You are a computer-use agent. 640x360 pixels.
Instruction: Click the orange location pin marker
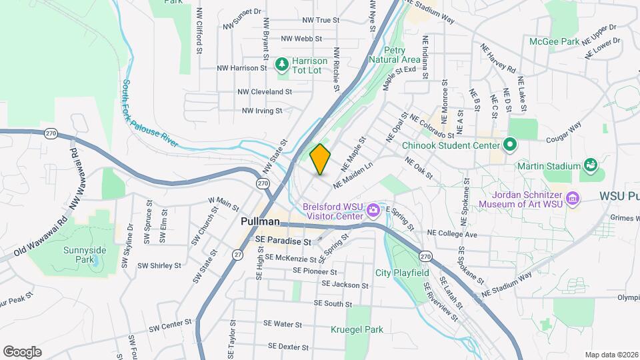(321, 159)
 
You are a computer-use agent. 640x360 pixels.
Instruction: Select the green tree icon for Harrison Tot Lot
(282, 63)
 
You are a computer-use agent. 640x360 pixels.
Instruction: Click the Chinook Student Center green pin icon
(510, 144)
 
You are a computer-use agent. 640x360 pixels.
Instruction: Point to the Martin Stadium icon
(589, 165)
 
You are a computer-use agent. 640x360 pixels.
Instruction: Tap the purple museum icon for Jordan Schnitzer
(571, 198)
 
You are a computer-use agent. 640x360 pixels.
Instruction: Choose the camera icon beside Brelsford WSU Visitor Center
(373, 211)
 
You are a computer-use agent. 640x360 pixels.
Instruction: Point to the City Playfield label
(401, 272)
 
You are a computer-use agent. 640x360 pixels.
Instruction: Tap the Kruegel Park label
(357, 329)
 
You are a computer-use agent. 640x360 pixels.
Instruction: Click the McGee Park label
(553, 41)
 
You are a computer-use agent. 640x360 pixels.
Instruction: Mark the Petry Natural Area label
(401, 55)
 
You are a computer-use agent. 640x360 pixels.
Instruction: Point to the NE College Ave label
(453, 235)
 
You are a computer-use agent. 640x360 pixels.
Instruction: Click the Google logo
(22, 351)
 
